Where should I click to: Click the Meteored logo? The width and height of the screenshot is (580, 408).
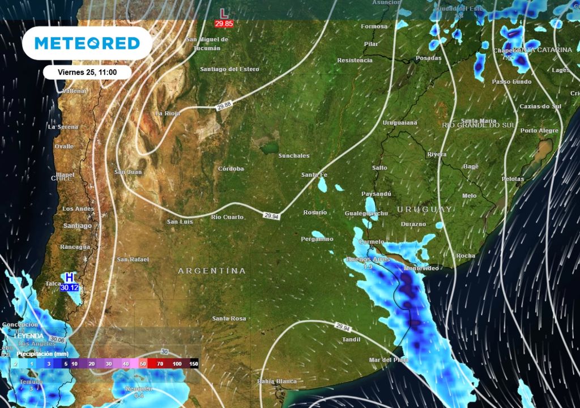[x=87, y=43]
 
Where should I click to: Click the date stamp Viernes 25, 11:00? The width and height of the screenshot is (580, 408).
[x=87, y=72]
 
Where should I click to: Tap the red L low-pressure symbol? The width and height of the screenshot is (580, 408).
[x=224, y=13]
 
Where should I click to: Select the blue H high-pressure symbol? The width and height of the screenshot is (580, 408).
[x=69, y=278]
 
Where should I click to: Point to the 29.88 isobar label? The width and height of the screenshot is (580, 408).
[x=224, y=105]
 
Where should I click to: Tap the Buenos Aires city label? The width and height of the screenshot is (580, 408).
[x=368, y=260]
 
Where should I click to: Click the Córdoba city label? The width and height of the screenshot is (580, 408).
[x=231, y=169]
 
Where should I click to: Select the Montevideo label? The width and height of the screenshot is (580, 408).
[x=422, y=267]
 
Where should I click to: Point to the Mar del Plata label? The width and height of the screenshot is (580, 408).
[x=389, y=360]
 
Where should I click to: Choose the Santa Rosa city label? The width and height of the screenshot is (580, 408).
[x=229, y=318]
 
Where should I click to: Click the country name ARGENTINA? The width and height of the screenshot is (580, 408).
[x=212, y=271]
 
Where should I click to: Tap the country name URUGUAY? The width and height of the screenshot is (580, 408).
[x=424, y=210]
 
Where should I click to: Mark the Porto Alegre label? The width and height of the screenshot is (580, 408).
[x=539, y=131]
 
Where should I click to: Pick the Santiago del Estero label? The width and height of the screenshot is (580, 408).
[x=229, y=69]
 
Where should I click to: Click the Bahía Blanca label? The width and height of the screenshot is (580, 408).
[x=277, y=381]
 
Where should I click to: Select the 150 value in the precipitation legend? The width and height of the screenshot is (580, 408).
[x=194, y=363]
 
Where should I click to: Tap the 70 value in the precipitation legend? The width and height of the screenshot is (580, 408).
[x=161, y=363]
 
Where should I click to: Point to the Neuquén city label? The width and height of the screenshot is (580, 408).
[x=139, y=389]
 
